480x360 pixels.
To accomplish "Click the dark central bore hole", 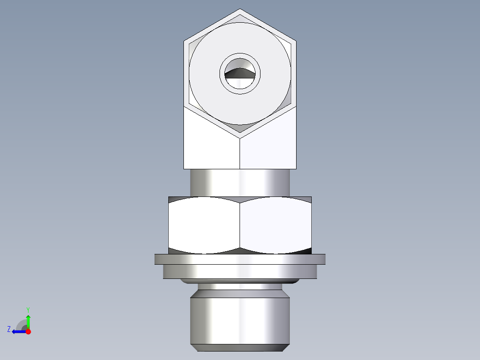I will (x=240, y=74).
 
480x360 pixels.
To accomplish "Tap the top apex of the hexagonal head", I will (x=240, y=9).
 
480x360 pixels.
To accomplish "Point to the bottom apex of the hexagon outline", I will (x=240, y=132).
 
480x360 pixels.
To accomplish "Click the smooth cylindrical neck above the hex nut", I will (x=240, y=183).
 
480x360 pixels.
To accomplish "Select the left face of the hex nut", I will (x=204, y=225).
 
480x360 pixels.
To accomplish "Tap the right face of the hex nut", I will (x=275, y=225).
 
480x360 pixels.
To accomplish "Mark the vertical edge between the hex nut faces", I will (x=240, y=225).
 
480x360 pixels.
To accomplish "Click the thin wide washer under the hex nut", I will (x=240, y=259).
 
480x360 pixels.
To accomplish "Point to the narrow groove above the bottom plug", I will (x=240, y=286).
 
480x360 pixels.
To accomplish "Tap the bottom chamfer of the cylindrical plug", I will (x=240, y=348).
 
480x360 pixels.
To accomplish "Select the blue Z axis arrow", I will (x=18, y=331).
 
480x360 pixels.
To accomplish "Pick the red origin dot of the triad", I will (x=28, y=331).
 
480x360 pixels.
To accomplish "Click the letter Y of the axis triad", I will (x=28, y=309).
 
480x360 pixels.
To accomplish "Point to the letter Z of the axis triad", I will (x=9, y=329).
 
